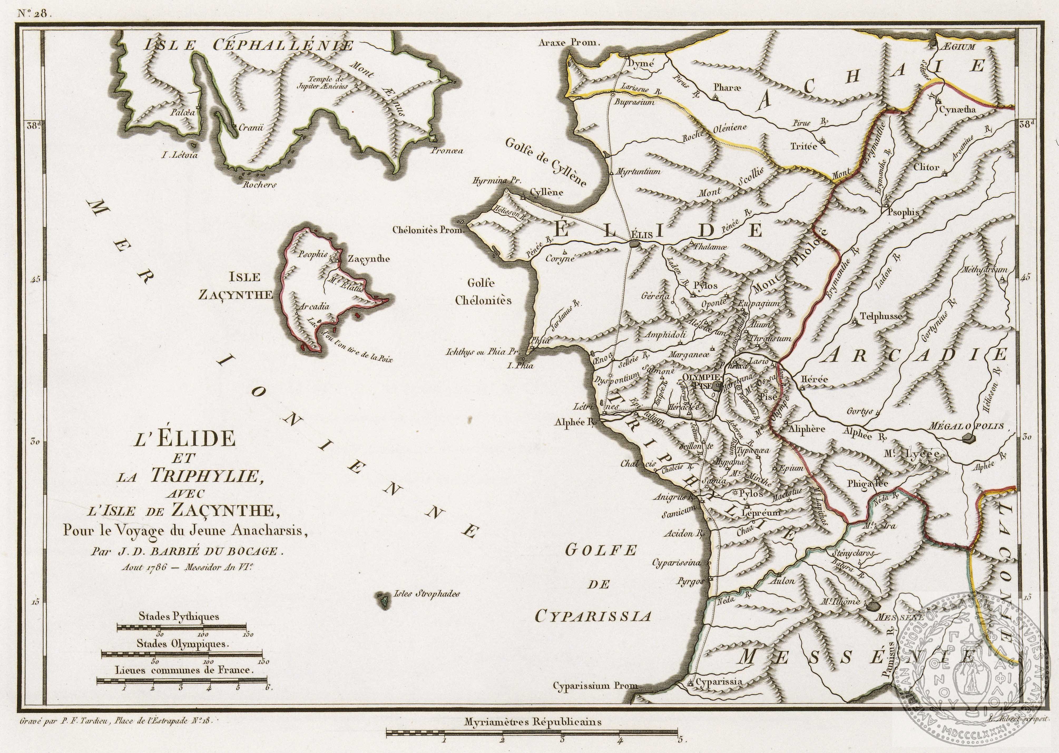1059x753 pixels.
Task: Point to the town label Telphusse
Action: (x=880, y=317)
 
